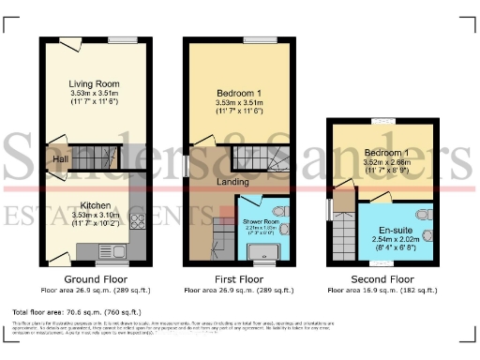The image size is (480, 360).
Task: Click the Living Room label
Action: pyautogui.click(x=94, y=83)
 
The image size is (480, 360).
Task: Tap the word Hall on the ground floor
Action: pyautogui.click(x=59, y=160)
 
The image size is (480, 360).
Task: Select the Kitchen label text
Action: pyautogui.click(x=94, y=203)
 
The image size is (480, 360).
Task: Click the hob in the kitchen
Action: pyautogui.click(x=139, y=222)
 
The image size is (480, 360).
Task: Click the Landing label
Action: pyautogui.click(x=232, y=182)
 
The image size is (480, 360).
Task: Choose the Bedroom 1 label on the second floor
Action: pyautogui.click(x=384, y=152)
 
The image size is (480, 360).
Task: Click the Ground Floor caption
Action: pyautogui.click(x=94, y=279)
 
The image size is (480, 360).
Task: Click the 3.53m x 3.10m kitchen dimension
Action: pyautogui.click(x=94, y=215)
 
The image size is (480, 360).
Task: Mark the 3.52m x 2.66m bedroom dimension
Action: pyautogui.click(x=384, y=162)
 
